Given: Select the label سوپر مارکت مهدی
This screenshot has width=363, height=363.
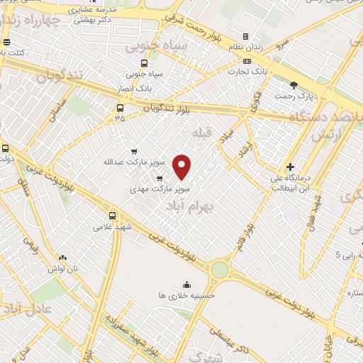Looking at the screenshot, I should click(x=160, y=190).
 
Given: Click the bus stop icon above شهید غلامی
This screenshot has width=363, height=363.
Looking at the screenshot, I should click(x=112, y=216).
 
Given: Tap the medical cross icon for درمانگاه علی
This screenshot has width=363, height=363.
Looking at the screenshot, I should click(x=290, y=167).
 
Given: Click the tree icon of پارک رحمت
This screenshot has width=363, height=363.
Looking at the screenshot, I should click(x=304, y=85).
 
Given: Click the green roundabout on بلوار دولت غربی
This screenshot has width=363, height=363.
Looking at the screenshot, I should click(x=220, y=270).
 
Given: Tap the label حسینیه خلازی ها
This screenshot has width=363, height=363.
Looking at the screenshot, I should click(x=186, y=294).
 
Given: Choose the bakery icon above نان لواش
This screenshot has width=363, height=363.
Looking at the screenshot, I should click(x=62, y=257).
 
